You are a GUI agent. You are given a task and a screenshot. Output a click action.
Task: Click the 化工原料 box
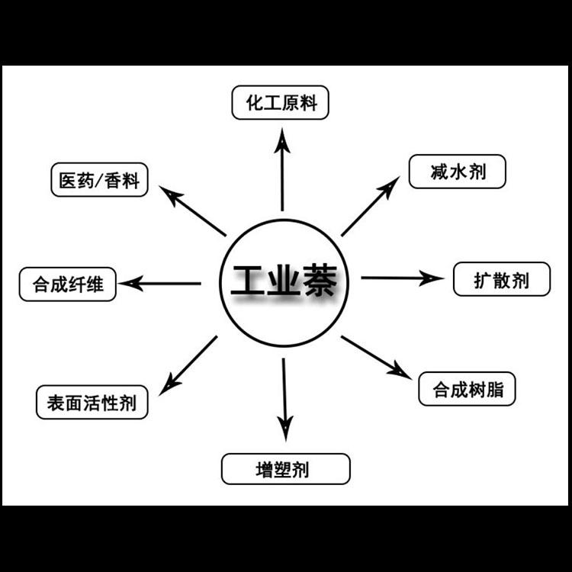tap(280, 102)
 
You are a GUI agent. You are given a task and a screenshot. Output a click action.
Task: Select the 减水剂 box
tap(458, 172)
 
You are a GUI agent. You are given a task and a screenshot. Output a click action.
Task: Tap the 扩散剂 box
tap(501, 279)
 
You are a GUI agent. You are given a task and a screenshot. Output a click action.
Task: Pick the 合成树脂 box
tap(468, 390)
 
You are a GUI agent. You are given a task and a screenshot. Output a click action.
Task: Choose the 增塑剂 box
tap(285, 469)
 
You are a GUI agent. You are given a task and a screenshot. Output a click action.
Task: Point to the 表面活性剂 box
tap(92, 403)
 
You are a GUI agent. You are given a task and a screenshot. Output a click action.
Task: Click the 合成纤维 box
tap(68, 285)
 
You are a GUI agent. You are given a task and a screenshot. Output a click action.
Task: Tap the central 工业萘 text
tap(283, 281)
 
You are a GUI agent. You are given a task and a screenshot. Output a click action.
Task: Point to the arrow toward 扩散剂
tap(400, 278)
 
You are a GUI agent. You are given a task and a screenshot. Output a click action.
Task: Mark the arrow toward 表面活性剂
tap(188, 365)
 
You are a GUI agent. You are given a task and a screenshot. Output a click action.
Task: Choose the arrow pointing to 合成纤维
tap(162, 284)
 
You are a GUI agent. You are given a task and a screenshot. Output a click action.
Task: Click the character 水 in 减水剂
tap(458, 172)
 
